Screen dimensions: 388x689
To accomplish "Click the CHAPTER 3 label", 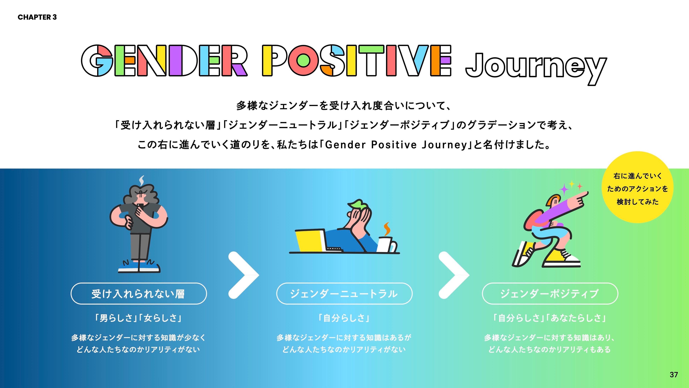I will click(37, 17).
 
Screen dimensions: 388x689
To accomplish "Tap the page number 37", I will click(673, 375).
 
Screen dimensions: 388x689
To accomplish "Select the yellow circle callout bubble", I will click(637, 187).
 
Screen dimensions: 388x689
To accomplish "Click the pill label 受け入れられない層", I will click(139, 294).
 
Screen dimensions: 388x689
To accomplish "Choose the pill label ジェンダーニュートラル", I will click(344, 294).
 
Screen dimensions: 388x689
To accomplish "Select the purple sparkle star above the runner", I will click(564, 190).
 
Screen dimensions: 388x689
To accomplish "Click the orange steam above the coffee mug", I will click(387, 229).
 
